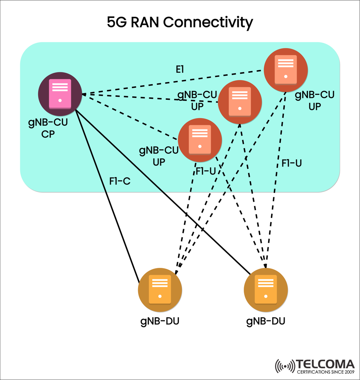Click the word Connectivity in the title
pos(208,23)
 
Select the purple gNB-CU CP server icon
pos(60,94)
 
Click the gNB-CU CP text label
pos(48,128)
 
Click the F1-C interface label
pos(120,181)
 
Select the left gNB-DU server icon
pos(160,290)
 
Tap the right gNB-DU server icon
pos(266,290)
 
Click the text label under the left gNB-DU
pos(160,321)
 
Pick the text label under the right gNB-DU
pos(266,321)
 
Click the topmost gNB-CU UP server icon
pos(286,70)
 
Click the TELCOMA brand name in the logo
pos(325,364)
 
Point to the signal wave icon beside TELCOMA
pos(285,366)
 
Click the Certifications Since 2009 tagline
pos(325,372)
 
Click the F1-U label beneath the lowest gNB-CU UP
pos(205,171)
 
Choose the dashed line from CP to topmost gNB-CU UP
pos(172,83)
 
